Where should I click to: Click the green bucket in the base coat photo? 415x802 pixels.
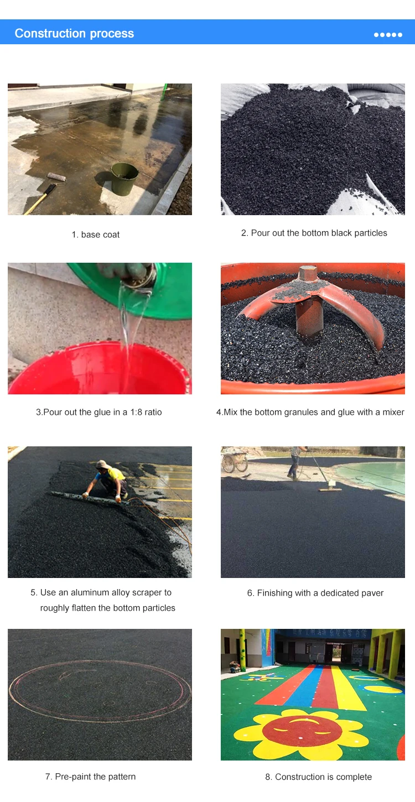(124, 179)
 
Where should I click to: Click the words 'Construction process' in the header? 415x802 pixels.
(74, 33)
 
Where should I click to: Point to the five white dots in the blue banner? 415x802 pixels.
(388, 35)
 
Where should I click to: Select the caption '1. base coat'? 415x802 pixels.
(96, 235)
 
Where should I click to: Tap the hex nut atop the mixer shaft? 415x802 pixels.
(308, 273)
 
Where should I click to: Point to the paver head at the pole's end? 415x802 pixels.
(331, 488)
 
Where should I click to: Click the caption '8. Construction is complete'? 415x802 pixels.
(318, 777)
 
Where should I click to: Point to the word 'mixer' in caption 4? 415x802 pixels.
(393, 412)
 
